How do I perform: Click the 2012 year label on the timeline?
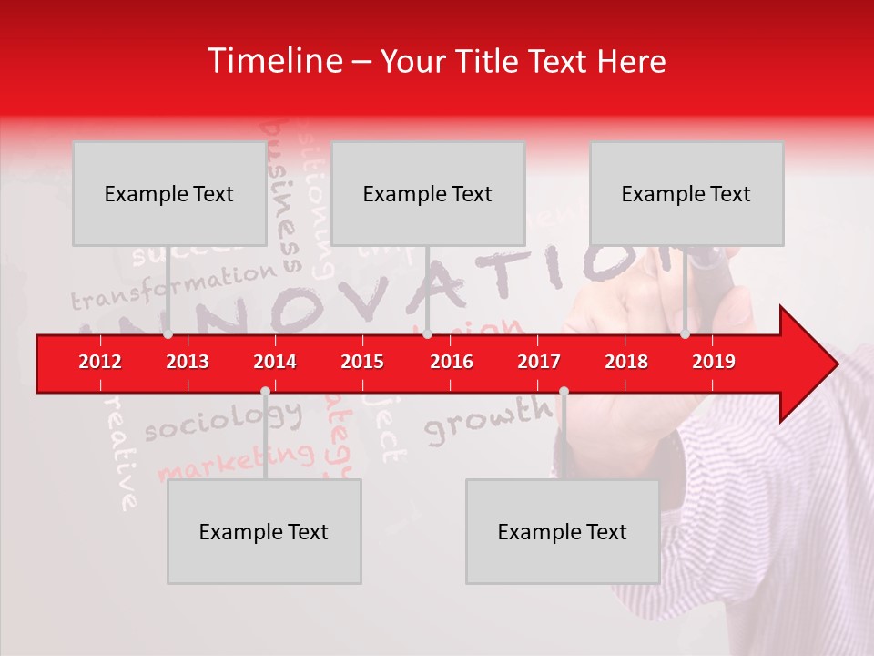[100, 362]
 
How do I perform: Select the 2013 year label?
[188, 362]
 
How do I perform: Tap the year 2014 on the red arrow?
[275, 362]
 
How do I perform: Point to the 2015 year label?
[362, 362]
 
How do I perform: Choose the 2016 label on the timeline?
[452, 362]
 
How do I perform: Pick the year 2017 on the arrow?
[539, 362]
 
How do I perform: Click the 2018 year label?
[626, 362]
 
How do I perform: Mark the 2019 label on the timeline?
[714, 362]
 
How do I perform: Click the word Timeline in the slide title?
[273, 61]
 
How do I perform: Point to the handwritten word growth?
[488, 419]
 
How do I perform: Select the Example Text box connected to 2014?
[264, 531]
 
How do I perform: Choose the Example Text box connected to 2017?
[563, 531]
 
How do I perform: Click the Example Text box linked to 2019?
[686, 193]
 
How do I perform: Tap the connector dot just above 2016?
[427, 334]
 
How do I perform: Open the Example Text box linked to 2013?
[169, 193]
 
